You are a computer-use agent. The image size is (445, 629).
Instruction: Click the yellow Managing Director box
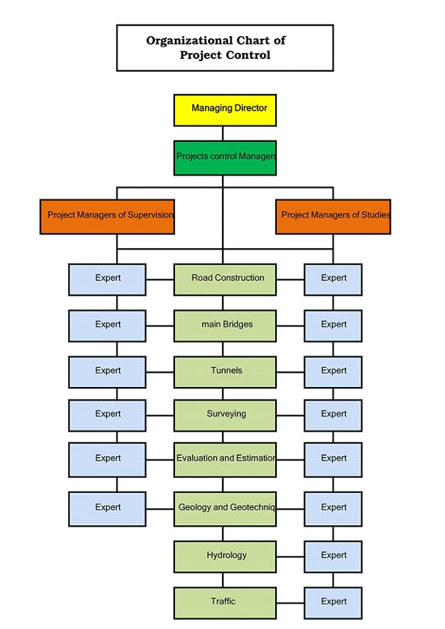[225, 111]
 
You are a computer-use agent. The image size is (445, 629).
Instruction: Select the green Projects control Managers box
[225, 158]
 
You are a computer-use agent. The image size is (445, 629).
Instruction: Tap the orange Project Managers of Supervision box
[107, 217]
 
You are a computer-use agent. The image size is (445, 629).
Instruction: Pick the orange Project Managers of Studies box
[333, 217]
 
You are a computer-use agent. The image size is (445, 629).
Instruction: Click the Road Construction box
[225, 279]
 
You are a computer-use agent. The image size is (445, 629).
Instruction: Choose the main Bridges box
[225, 326]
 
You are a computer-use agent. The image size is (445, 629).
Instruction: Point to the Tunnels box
[225, 372]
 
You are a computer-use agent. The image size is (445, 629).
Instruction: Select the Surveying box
[225, 415]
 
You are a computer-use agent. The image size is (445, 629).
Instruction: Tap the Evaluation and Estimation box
[225, 459]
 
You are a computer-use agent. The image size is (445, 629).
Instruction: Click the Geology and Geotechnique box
[225, 509]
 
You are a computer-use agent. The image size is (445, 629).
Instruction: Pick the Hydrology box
[225, 557]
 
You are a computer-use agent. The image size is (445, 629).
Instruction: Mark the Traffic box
[225, 603]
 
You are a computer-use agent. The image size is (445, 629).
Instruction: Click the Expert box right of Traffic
[333, 603]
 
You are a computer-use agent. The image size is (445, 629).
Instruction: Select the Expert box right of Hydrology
[333, 557]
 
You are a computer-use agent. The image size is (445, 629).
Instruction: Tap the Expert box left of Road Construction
[107, 279]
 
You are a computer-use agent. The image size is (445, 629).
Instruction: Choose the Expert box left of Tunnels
[107, 372]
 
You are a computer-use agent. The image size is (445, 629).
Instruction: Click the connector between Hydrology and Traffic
[223, 580]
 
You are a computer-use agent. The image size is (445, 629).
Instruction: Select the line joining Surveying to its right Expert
[290, 415]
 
